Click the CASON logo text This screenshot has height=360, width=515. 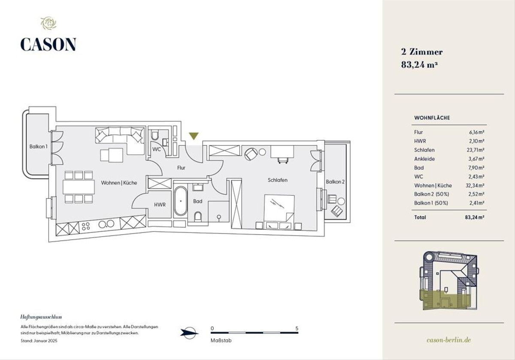(48, 44)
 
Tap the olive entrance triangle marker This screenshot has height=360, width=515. (194, 136)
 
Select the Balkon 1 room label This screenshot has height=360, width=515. (38, 146)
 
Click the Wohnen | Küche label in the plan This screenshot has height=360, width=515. (119, 183)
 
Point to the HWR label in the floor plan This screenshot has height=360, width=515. (160, 205)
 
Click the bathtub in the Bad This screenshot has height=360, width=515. (181, 201)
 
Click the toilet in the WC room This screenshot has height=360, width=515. (155, 135)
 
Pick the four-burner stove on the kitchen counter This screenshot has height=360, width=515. (86, 226)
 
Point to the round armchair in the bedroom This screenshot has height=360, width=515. (251, 154)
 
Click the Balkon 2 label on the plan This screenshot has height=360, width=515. (335, 182)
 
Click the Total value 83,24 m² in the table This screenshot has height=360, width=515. (475, 217)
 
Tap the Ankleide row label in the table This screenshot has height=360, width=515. (424, 159)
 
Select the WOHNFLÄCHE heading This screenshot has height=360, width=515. (432, 118)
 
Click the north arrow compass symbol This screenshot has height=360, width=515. (189, 333)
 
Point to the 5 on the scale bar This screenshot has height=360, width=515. (297, 328)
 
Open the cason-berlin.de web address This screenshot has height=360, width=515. (448, 340)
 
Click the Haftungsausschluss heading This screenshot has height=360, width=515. (41, 317)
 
